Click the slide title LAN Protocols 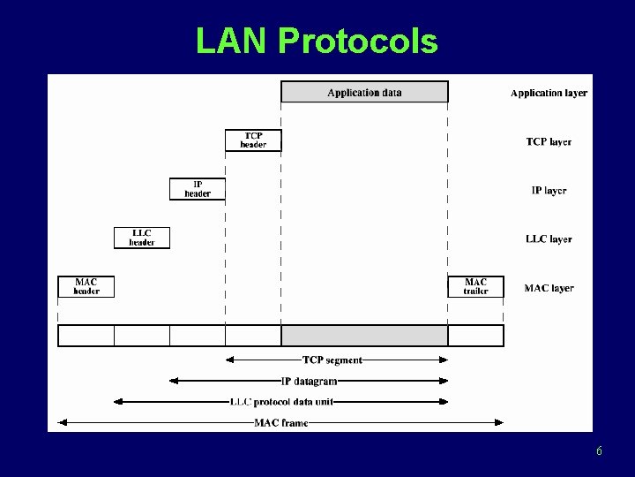click(317, 41)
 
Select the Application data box click(364, 92)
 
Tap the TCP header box click(253, 140)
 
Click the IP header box click(198, 189)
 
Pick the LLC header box click(142, 238)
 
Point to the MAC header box click(86, 286)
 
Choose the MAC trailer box click(475, 286)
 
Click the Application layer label click(549, 93)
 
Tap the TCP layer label click(549, 141)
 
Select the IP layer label click(549, 190)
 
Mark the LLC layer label click(549, 238)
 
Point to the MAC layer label click(549, 287)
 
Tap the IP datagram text click(309, 381)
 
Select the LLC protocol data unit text click(281, 402)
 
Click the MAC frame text click(281, 423)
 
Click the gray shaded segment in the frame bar click(364, 336)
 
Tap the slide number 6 click(599, 451)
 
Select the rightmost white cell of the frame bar click(475, 336)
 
